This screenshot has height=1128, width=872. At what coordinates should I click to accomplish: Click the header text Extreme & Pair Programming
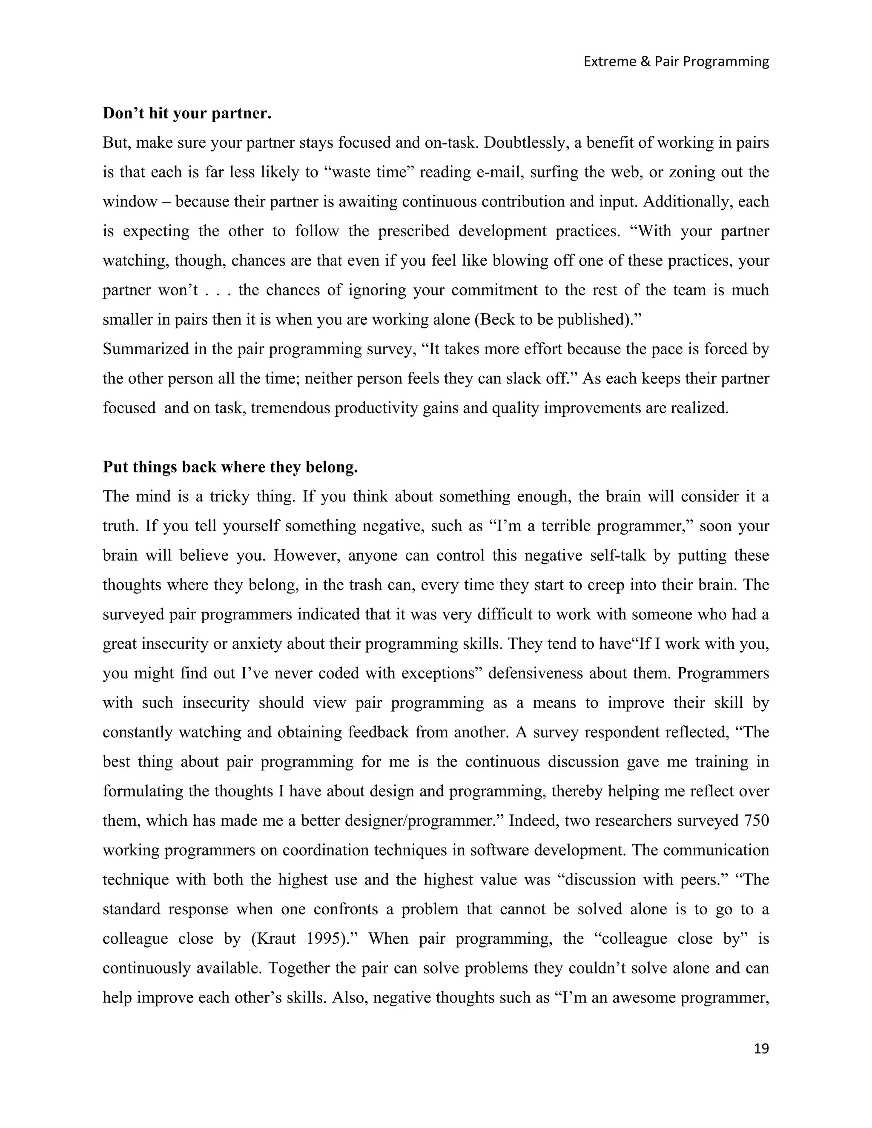[676, 61]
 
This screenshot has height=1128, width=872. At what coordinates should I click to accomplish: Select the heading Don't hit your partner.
[187, 113]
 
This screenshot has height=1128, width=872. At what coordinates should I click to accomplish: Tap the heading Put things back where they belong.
[230, 467]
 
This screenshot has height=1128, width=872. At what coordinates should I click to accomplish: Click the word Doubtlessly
[525, 143]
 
